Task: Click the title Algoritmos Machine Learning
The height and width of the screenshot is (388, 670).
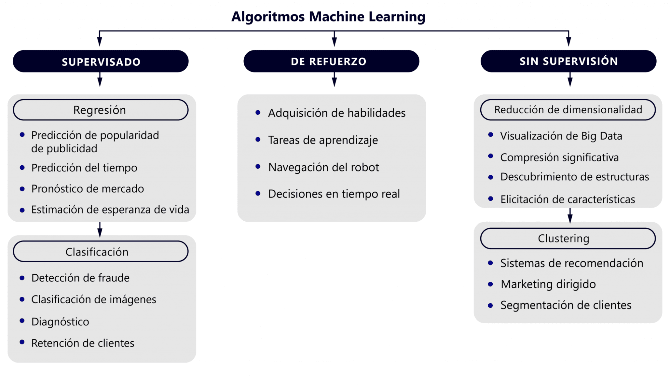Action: [x=328, y=17]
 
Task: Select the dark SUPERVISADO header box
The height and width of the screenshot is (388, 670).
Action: [x=101, y=61]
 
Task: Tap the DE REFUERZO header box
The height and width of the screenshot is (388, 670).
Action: [x=331, y=61]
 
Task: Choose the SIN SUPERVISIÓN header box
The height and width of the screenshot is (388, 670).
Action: [x=568, y=61]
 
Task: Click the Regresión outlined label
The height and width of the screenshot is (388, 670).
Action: [x=100, y=110]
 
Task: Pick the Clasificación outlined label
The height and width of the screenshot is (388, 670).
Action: [x=100, y=252]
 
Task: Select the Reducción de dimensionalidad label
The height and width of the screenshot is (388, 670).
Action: [x=568, y=110]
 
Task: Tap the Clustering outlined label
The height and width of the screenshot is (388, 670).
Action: [x=568, y=238]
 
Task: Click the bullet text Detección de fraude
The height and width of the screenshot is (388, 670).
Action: [x=80, y=278]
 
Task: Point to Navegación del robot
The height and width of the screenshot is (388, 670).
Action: [x=323, y=167]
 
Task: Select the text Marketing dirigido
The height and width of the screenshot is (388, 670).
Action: [x=548, y=284]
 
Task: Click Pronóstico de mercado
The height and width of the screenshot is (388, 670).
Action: [x=87, y=189]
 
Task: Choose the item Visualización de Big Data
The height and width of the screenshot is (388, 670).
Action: [x=561, y=136]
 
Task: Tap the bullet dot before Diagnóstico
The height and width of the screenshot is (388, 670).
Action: [x=22, y=321]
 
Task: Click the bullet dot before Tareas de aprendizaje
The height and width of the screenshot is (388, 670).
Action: [x=258, y=140]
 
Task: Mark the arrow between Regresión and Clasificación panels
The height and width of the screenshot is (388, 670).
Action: [x=100, y=230]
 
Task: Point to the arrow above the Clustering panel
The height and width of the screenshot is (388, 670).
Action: [x=570, y=216]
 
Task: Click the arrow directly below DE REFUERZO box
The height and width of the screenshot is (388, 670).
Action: [x=334, y=80]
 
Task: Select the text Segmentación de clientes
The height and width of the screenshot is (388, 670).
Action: [x=565, y=305]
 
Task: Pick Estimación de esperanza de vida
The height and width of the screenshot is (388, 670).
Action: [x=110, y=210]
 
